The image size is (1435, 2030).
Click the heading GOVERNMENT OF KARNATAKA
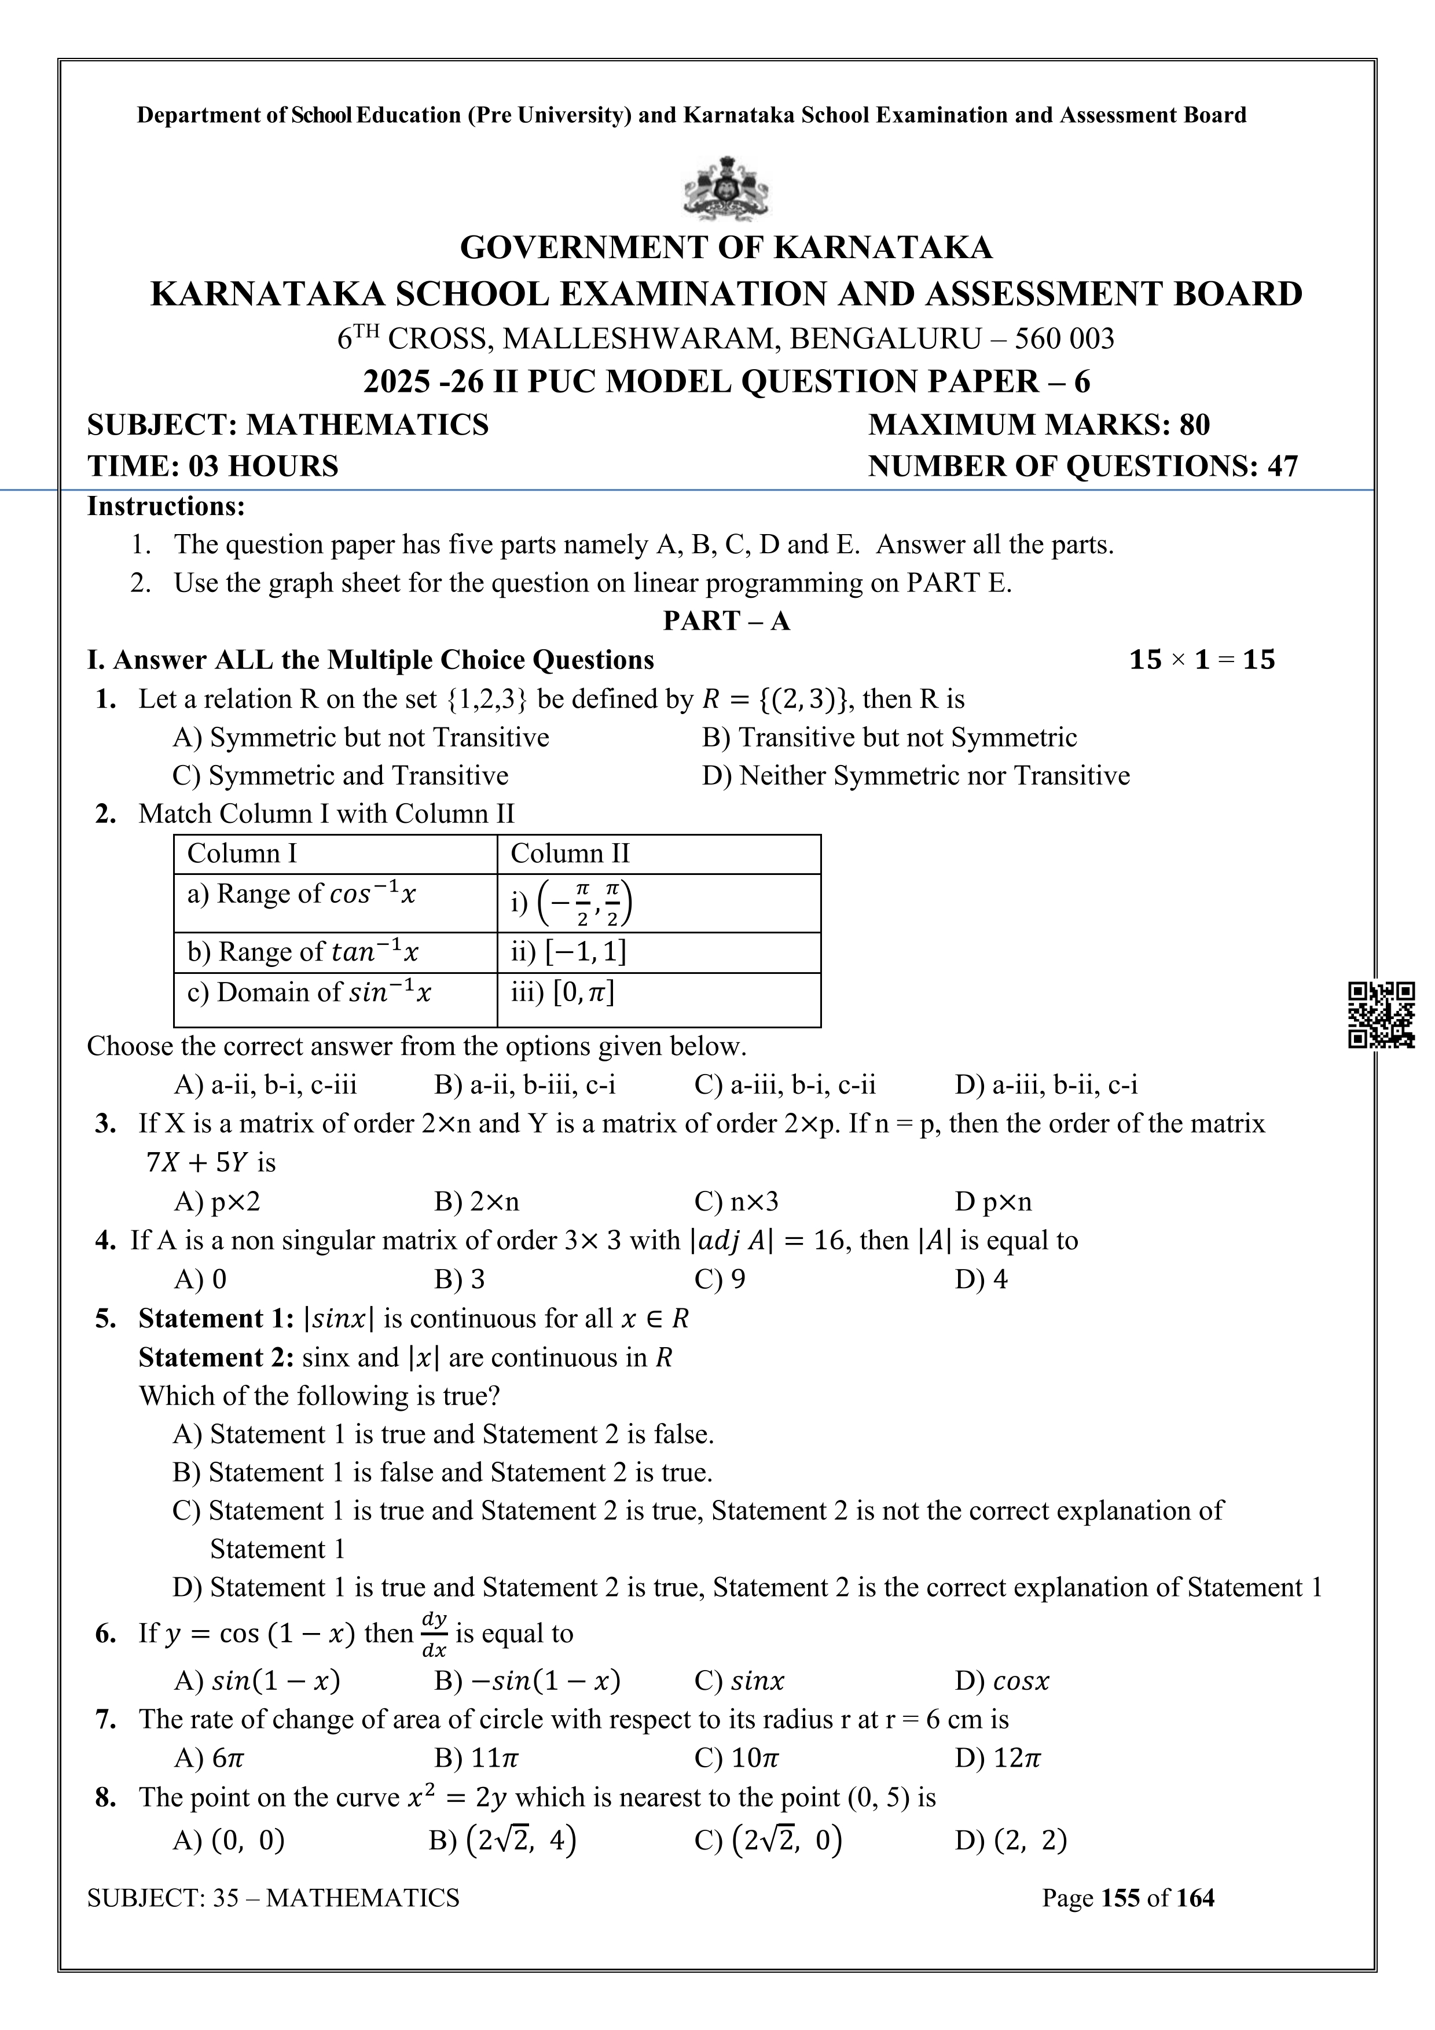coord(726,248)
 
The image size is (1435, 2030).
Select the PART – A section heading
coord(726,621)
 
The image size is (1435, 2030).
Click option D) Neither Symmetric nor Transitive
coord(916,776)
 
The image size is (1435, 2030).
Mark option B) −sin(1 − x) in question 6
coord(527,1680)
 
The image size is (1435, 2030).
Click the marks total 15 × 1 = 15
coord(1202,660)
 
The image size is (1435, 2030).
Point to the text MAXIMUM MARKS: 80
coord(1039,425)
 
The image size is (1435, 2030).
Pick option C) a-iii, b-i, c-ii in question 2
coord(785,1085)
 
